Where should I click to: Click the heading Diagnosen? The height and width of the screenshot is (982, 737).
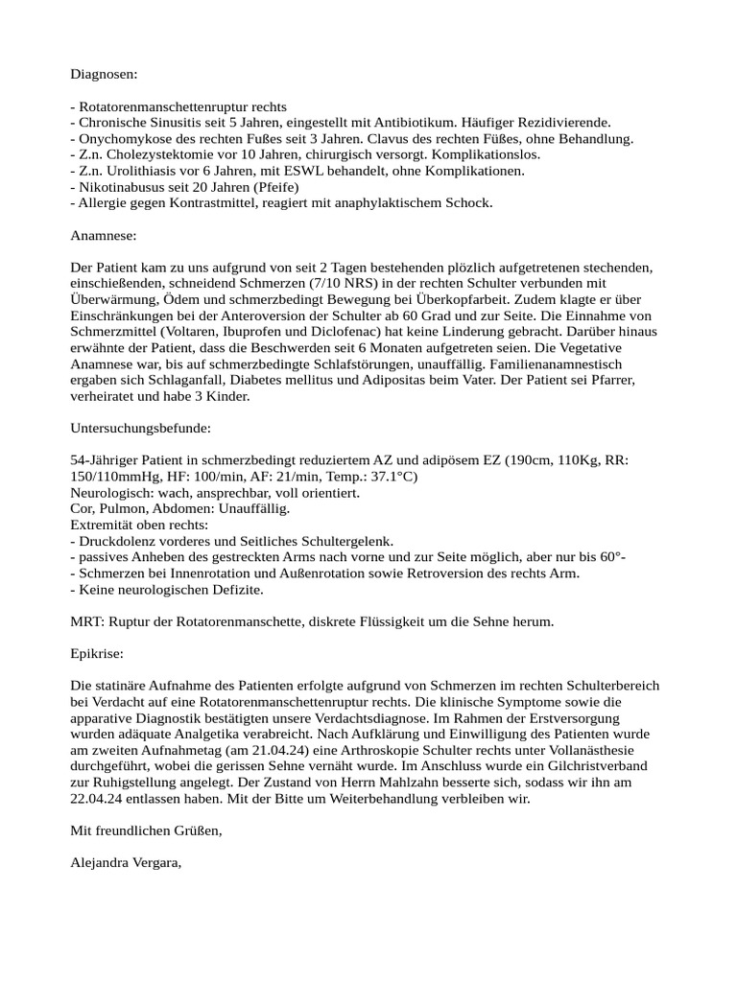click(104, 73)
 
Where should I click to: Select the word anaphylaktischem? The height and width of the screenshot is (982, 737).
click(359, 203)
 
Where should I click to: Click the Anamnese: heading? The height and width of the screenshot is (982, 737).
click(104, 235)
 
